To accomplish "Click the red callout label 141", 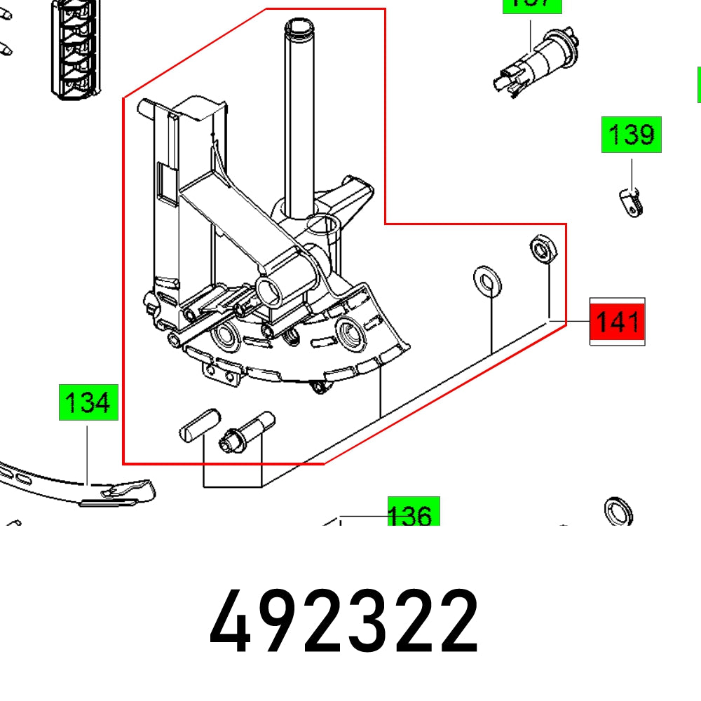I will (x=616, y=322).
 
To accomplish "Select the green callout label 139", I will (x=631, y=135).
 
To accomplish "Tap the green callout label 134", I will (x=87, y=403).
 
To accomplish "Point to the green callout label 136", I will (x=414, y=513).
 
